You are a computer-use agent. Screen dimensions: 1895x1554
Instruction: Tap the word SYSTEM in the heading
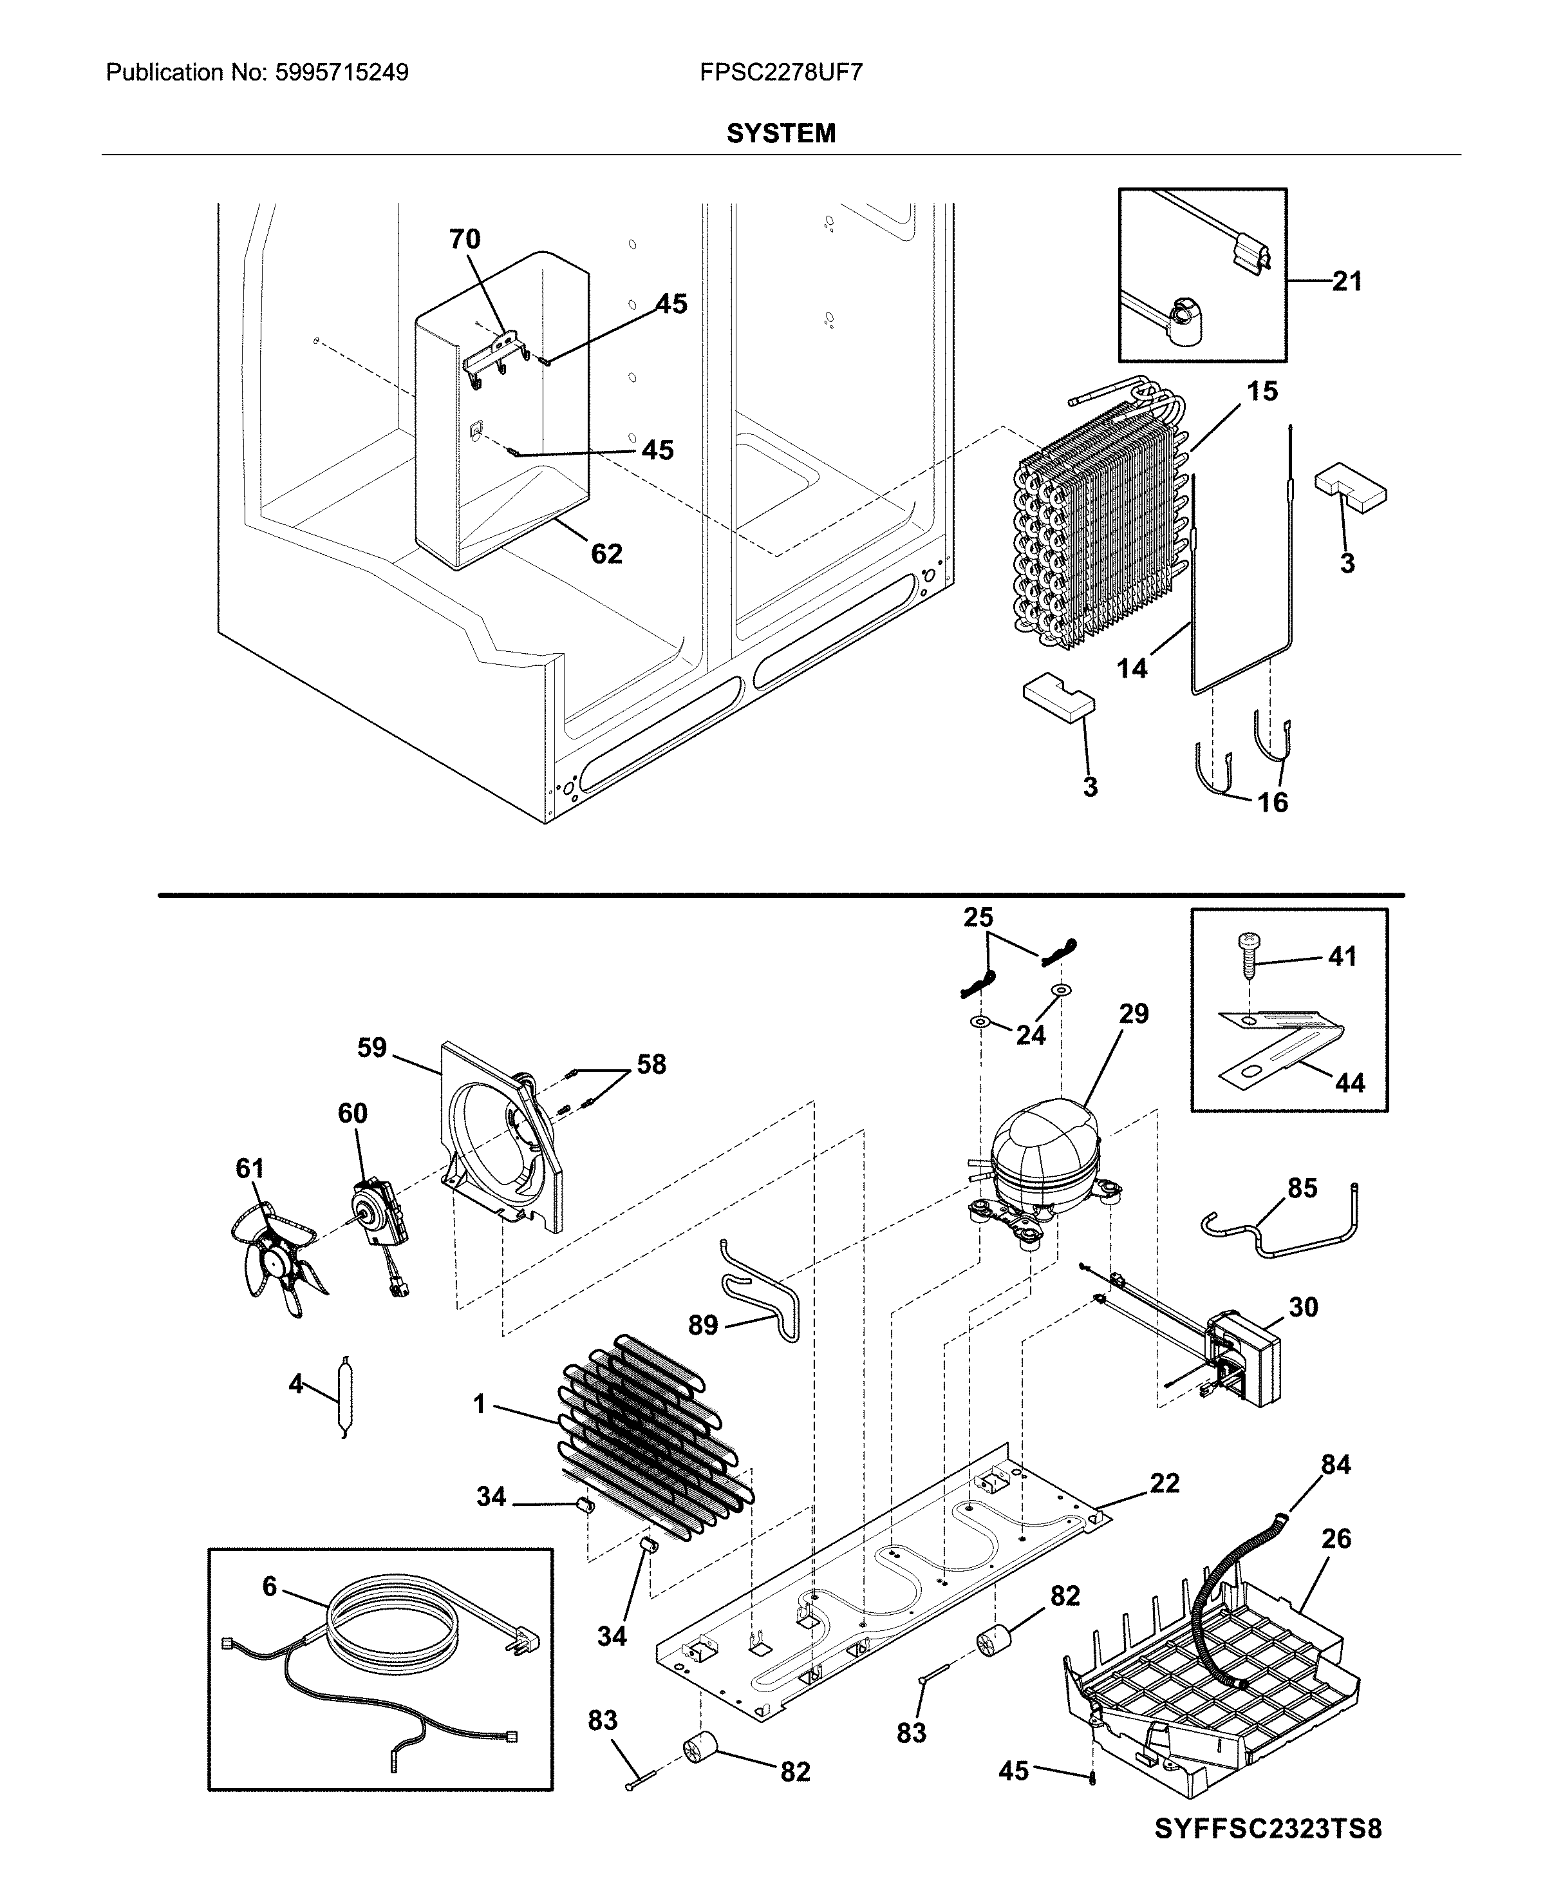pos(781,133)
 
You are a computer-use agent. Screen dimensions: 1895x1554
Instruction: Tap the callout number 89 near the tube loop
pos(703,1324)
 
